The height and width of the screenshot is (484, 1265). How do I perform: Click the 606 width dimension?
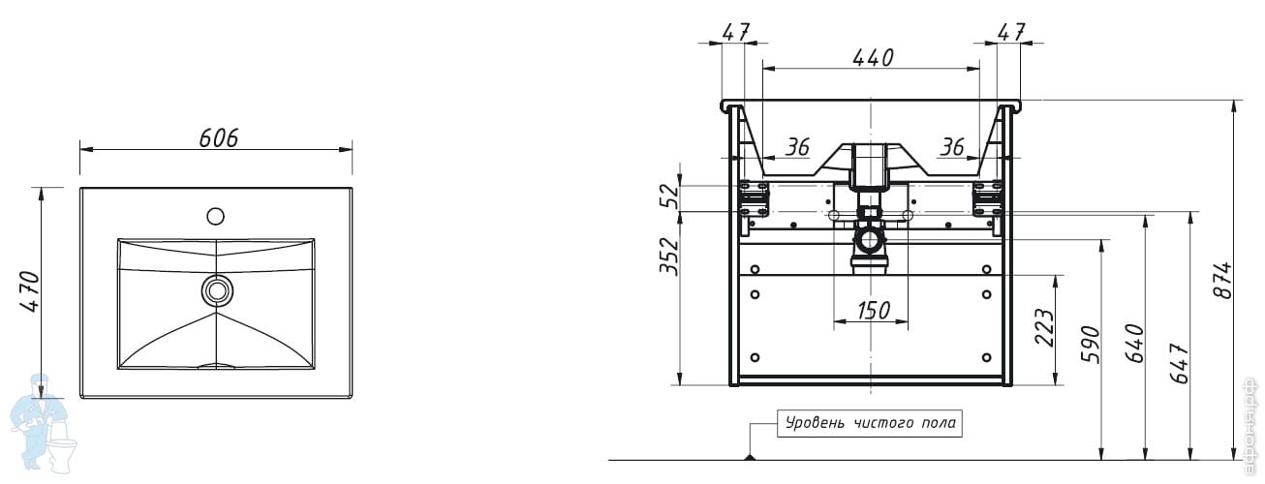(219, 137)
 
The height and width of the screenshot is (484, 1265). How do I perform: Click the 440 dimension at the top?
(872, 58)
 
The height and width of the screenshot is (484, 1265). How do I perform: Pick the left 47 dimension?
(736, 31)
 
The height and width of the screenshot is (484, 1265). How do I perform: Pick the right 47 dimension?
(1011, 31)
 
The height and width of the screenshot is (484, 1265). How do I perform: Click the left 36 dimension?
(796, 147)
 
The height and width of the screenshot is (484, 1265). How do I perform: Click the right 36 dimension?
(952, 147)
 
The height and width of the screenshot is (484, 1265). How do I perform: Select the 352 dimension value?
(668, 257)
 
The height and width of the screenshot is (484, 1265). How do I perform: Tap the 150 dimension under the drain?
(873, 311)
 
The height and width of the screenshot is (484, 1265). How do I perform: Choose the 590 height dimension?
(1090, 346)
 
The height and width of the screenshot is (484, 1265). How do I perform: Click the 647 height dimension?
(1179, 362)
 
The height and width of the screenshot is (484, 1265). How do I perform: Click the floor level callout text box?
(870, 423)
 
